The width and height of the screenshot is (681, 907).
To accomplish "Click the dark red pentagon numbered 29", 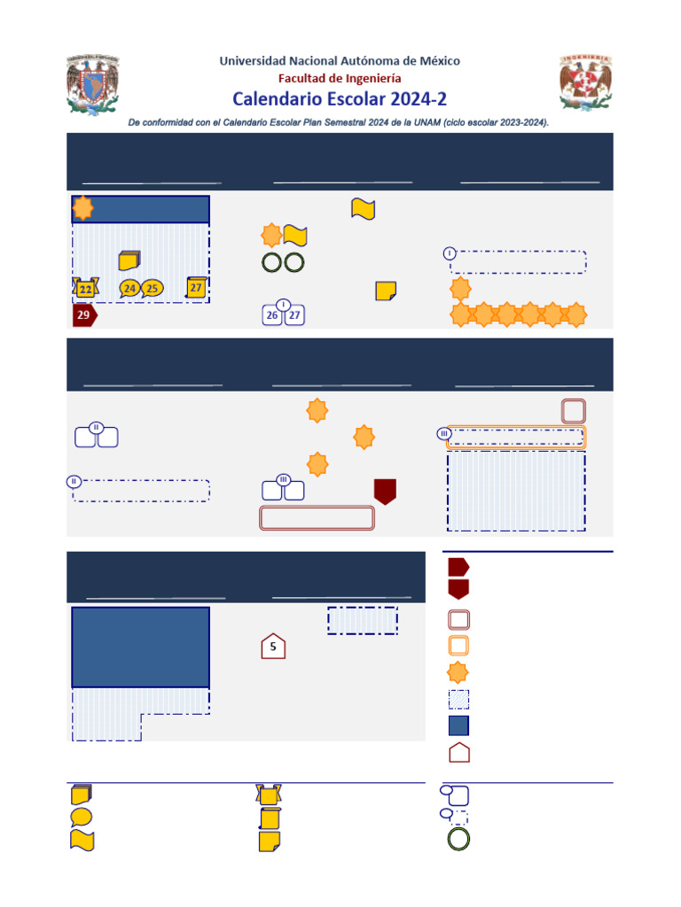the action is click(84, 316).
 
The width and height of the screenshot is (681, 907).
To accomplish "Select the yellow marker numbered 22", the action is click(85, 288).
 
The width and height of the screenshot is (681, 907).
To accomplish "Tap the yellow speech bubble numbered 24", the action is click(130, 288).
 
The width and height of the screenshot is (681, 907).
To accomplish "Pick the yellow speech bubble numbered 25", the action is click(153, 288).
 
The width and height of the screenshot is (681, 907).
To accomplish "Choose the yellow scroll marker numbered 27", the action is click(196, 287).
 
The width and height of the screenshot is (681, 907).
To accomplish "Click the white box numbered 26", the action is click(273, 315).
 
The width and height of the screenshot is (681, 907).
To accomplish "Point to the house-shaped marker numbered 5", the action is click(273, 647).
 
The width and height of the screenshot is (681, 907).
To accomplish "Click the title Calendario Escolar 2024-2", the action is click(340, 97).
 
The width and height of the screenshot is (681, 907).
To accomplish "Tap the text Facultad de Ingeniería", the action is click(340, 78).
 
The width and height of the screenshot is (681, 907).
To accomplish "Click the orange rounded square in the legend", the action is click(459, 646).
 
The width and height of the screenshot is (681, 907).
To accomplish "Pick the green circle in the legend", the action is click(459, 839).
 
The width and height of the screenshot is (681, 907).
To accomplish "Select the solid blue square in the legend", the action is click(459, 726).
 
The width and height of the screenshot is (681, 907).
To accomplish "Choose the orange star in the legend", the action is click(459, 672).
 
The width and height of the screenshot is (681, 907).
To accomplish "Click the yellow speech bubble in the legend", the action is click(81, 817).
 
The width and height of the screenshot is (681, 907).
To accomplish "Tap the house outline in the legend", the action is click(459, 753).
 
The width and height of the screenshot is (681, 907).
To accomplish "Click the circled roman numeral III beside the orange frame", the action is click(444, 433).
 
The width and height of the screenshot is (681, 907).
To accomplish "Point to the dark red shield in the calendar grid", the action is click(385, 492).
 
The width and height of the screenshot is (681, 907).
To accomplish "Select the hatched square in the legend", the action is click(459, 700).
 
